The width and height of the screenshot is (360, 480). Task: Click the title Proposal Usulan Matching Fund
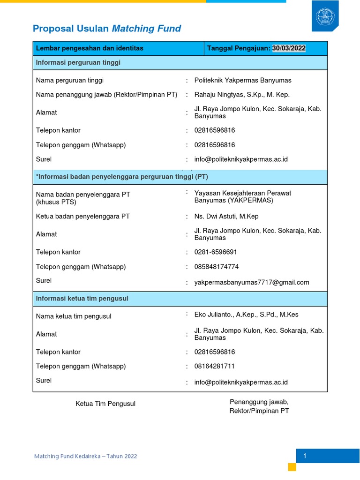click(x=107, y=29)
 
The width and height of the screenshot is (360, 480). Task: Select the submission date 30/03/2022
click(x=289, y=48)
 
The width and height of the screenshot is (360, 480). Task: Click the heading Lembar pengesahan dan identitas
click(x=90, y=48)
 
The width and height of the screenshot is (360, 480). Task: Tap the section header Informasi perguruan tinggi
click(x=78, y=62)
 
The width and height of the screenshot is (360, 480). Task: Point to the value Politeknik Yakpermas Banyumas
click(x=243, y=80)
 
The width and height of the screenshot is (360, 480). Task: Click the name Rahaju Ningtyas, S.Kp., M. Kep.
click(x=242, y=95)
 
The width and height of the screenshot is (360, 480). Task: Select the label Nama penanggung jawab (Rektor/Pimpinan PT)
click(x=106, y=95)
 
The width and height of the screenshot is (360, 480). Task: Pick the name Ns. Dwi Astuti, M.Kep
click(x=226, y=217)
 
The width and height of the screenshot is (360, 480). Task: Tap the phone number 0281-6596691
click(x=216, y=252)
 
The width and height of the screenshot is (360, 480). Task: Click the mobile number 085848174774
click(x=217, y=267)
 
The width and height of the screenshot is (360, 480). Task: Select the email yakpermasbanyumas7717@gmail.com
click(x=252, y=282)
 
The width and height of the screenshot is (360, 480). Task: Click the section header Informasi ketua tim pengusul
click(x=82, y=299)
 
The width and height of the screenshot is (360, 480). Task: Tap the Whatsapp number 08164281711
click(x=215, y=366)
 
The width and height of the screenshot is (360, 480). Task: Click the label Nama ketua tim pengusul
click(x=74, y=316)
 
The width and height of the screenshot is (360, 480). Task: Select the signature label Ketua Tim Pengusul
click(x=105, y=404)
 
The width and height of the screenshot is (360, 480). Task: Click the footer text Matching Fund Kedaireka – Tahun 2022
click(x=86, y=456)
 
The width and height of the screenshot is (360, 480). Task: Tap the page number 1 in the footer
click(x=304, y=456)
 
